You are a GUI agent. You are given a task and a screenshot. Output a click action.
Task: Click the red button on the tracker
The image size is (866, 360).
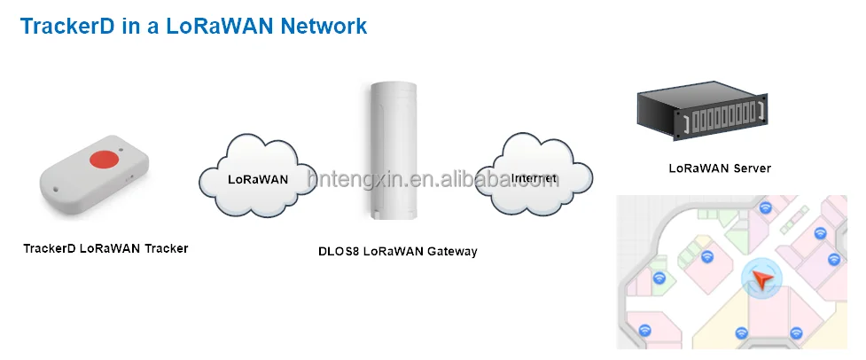tap(105, 159)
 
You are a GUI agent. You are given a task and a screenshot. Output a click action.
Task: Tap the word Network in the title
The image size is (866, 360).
tap(324, 26)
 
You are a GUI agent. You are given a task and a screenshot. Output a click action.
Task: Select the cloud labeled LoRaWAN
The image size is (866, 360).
tap(258, 176)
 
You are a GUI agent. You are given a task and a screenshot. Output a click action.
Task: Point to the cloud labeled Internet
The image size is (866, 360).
tap(534, 175)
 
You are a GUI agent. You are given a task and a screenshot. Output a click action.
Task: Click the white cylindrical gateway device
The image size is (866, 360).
tap(394, 151)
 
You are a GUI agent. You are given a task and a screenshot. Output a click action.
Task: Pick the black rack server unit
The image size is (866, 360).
tap(702, 110)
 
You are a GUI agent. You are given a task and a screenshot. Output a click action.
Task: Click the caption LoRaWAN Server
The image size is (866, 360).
tap(720, 168)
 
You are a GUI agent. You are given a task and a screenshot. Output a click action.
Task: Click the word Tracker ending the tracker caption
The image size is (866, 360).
tap(167, 248)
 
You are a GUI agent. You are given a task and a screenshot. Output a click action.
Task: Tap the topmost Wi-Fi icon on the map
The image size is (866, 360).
tap(765, 207)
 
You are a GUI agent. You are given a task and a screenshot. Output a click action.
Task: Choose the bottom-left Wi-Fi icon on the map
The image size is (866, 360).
tap(644, 330)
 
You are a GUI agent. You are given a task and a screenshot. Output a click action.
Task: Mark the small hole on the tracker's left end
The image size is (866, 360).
tap(55, 190)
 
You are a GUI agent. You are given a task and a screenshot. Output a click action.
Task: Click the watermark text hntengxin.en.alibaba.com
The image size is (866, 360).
tap(433, 179)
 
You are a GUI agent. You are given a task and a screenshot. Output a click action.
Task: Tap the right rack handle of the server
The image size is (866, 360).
tap(760, 113)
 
